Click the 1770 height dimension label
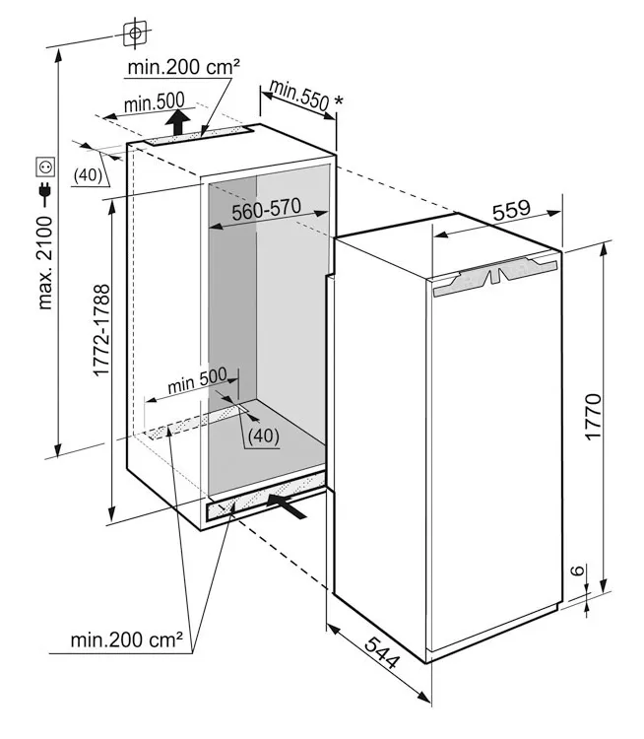coord(593,416)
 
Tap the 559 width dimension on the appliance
coord(511,210)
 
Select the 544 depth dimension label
coord(382,652)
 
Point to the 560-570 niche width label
coord(266,209)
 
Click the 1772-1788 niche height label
coord(101,329)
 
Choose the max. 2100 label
coord(44,263)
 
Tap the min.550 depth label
coord(299,96)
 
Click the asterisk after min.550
coord(339,101)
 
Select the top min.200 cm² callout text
coord(184,67)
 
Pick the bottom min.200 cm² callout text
coord(126,639)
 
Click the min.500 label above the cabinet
coord(154,102)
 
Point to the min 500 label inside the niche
coord(197,380)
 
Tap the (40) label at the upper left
coord(88,174)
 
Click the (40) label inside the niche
coord(264,436)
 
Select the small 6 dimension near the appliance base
coord(578,570)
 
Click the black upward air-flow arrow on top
coord(177,122)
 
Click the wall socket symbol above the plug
coord(45,167)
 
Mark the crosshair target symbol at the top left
coord(135,33)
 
